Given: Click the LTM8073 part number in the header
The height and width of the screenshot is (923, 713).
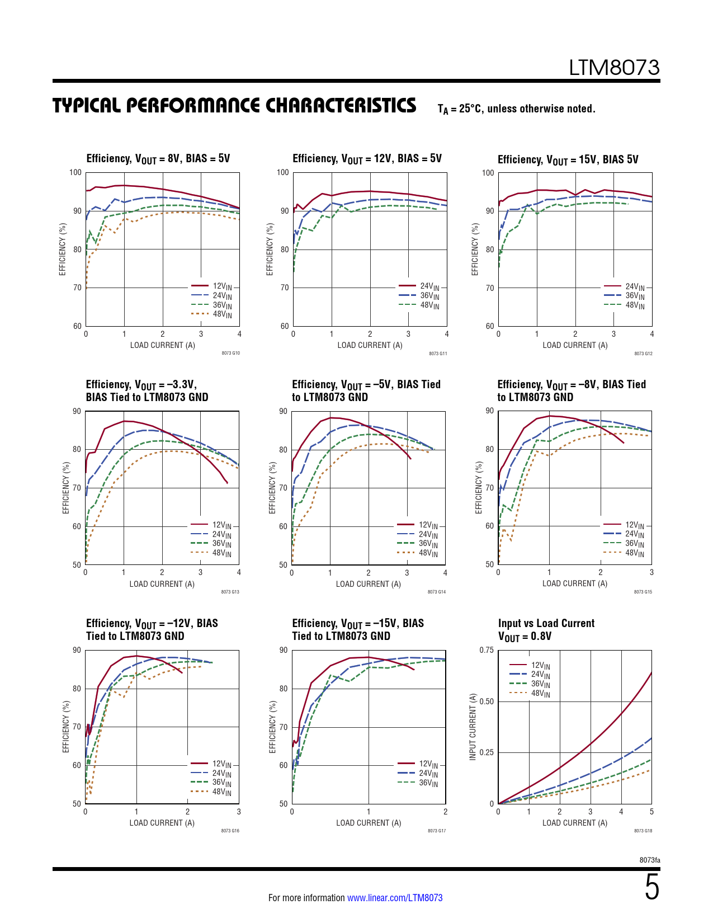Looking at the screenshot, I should (x=614, y=68).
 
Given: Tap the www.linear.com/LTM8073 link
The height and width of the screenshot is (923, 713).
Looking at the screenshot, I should (x=395, y=898).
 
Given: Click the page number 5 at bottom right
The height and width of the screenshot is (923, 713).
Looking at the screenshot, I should (x=651, y=888).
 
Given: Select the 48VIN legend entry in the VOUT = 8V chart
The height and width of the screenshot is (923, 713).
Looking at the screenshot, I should (x=222, y=314).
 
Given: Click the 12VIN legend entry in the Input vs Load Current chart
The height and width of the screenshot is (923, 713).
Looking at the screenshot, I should (x=540, y=665).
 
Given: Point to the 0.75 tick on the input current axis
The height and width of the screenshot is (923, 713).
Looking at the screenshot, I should (x=487, y=650).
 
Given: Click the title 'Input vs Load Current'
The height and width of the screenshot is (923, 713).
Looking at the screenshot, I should (x=546, y=623).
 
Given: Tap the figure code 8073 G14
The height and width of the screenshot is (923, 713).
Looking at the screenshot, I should (x=437, y=592).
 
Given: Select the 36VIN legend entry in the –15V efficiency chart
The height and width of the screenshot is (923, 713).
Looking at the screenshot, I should (x=428, y=783).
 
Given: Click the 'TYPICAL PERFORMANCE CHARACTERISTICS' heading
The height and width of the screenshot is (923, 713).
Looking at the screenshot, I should (x=234, y=106).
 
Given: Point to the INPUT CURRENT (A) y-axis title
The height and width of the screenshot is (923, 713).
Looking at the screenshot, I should (x=473, y=727).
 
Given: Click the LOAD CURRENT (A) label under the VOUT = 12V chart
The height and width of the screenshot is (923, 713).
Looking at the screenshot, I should (x=370, y=345).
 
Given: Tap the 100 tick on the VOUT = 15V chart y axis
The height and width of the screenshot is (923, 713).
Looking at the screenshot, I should (x=488, y=173).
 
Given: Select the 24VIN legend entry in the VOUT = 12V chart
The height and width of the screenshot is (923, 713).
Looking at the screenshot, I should (x=429, y=286).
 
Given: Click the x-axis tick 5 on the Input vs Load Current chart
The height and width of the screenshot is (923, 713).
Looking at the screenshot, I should (x=651, y=812).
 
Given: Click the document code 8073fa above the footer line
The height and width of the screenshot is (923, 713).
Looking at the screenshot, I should (x=650, y=860).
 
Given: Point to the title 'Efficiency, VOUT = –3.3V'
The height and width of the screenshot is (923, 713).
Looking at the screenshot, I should (x=141, y=384).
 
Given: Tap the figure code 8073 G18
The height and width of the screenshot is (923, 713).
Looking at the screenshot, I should (x=643, y=831).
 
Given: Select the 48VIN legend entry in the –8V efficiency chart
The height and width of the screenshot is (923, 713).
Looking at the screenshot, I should (x=635, y=553).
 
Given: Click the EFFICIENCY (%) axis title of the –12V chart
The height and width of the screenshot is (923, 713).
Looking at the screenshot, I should (x=66, y=727).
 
